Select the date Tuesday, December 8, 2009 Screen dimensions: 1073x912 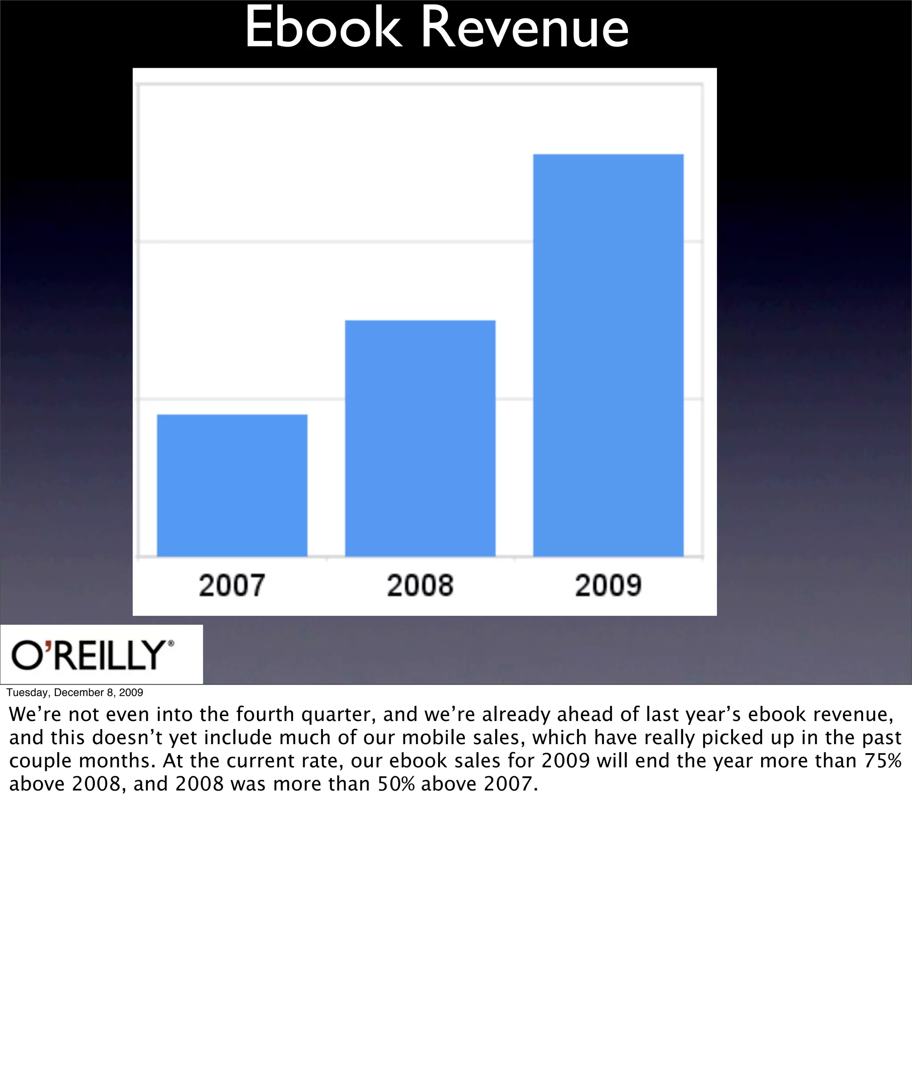point(74,692)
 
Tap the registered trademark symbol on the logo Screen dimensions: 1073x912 point(171,643)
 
